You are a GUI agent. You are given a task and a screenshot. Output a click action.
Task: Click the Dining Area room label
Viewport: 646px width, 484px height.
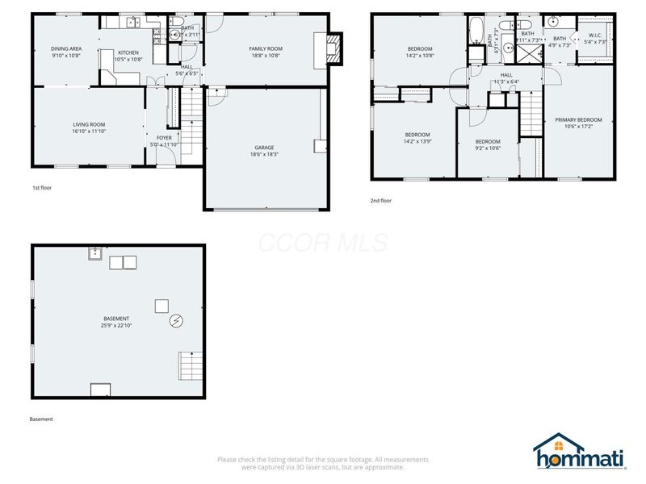click(x=65, y=48)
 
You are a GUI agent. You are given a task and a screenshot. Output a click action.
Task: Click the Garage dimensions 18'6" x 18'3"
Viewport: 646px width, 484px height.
click(x=265, y=154)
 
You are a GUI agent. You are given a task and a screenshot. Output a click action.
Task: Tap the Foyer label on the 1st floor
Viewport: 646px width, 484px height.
click(x=164, y=138)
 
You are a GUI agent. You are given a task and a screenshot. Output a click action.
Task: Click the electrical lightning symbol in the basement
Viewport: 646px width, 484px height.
click(x=176, y=322)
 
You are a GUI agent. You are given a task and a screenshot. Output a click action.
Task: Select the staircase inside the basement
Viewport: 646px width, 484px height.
click(x=191, y=366)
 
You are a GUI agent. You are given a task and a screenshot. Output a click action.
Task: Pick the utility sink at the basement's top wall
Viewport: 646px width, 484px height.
click(x=95, y=254)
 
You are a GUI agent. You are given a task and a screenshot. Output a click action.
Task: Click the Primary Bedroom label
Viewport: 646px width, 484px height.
click(x=578, y=120)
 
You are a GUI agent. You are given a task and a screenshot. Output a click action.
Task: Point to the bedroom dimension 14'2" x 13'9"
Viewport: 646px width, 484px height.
click(x=417, y=141)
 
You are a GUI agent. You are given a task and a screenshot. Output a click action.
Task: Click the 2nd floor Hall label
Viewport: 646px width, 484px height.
click(x=507, y=74)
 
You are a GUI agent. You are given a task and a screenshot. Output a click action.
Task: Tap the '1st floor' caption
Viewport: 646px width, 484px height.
click(x=42, y=188)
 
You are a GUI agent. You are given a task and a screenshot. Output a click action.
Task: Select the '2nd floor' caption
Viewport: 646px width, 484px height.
click(x=381, y=201)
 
